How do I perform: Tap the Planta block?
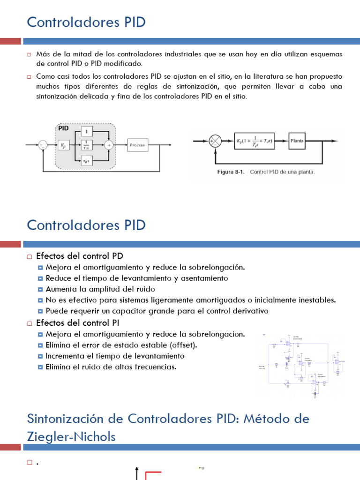297,141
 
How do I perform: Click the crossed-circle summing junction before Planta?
215,141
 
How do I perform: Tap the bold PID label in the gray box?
64,127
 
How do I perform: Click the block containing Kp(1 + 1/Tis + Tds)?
254,141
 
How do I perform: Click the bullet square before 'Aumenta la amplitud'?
40,289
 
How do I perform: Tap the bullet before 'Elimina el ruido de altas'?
40,367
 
